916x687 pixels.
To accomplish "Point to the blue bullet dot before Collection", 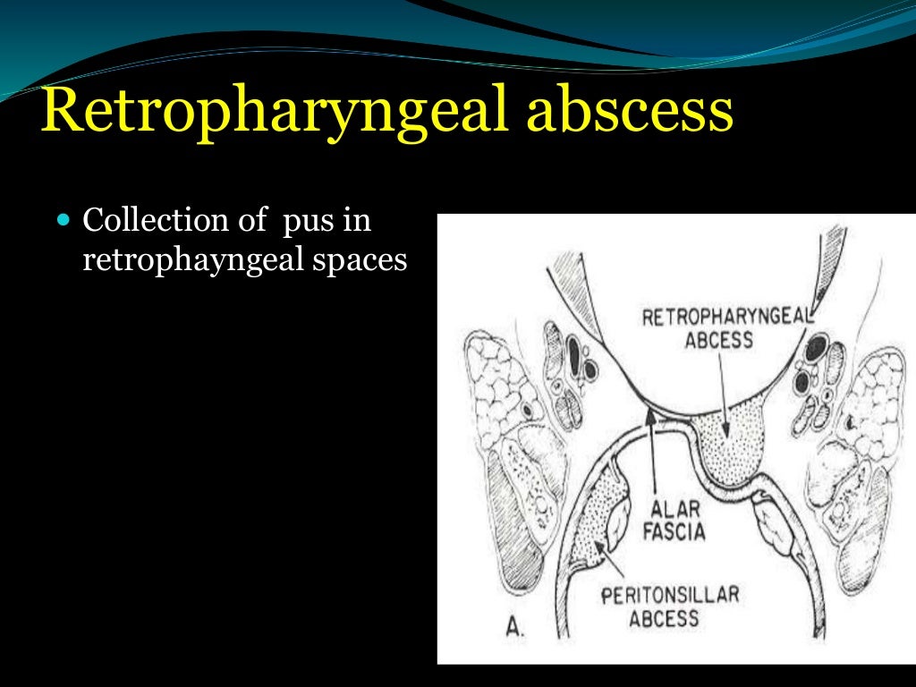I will pyautogui.click(x=62, y=219).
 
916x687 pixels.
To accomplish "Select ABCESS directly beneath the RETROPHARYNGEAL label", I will pyautogui.click(x=720, y=340).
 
